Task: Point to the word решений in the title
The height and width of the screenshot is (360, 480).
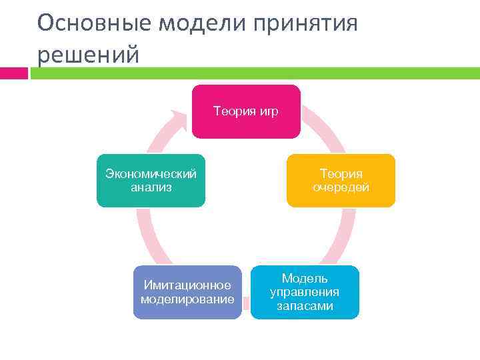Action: [88, 55]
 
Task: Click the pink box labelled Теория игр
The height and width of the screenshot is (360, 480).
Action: [246, 111]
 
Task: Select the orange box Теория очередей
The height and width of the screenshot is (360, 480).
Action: [341, 181]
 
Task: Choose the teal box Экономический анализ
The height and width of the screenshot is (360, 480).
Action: [151, 181]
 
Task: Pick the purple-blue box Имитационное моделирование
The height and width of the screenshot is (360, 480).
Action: [187, 292]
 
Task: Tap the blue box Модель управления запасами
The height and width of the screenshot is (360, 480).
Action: [305, 292]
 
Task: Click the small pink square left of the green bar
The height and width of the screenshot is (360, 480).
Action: [14, 73]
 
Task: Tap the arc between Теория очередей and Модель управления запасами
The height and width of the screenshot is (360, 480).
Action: [340, 237]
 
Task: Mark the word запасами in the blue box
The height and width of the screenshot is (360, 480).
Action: [305, 306]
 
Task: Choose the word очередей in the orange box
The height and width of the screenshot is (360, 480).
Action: [341, 187]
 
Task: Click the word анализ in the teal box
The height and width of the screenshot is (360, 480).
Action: [151, 187]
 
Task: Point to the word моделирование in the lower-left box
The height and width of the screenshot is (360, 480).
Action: [187, 299]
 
